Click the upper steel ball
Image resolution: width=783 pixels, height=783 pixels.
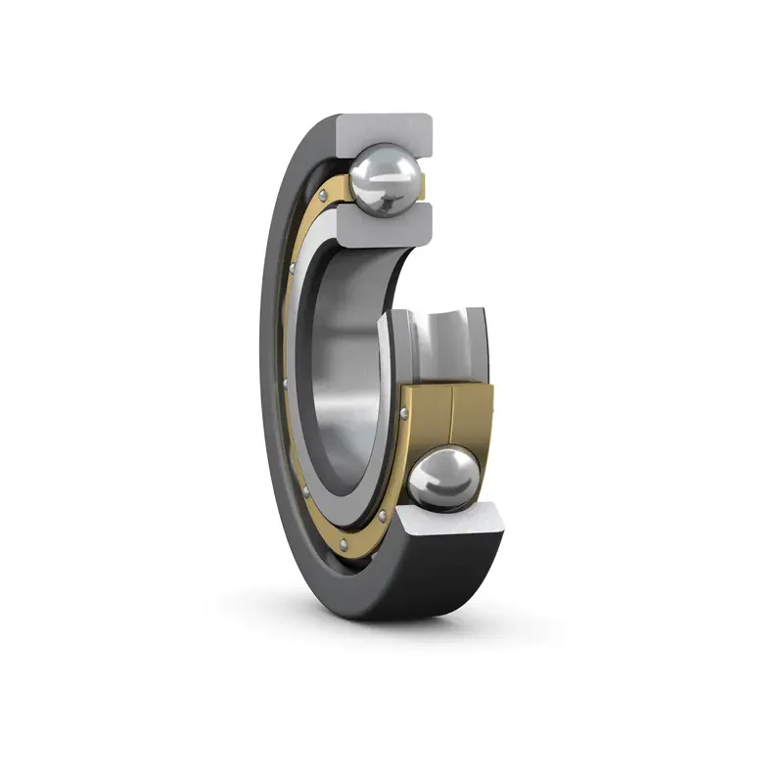point(387,177)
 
